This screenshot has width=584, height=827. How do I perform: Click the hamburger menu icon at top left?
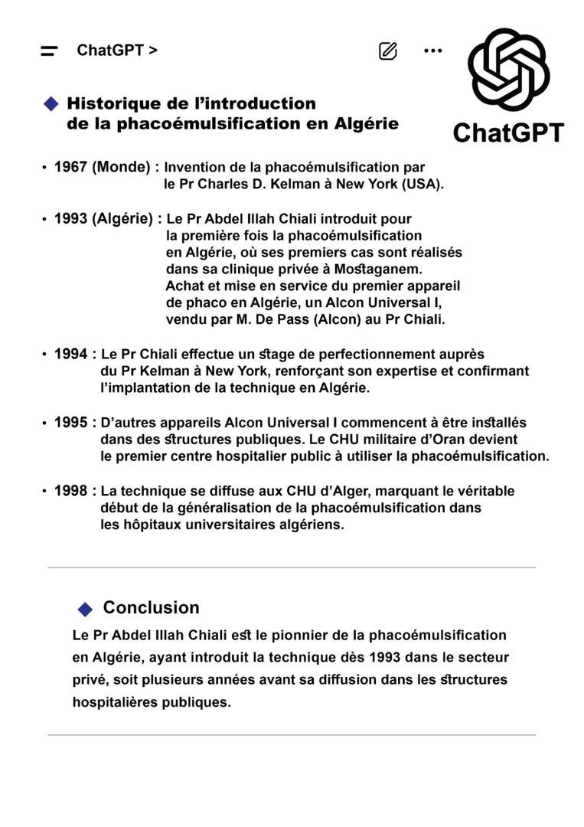[x=49, y=51]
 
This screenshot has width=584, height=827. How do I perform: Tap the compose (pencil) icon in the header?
[x=388, y=51]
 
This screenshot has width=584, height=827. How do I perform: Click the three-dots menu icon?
[x=432, y=51]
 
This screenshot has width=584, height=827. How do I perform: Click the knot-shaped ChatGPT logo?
[x=508, y=70]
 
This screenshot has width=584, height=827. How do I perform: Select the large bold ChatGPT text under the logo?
[x=508, y=132]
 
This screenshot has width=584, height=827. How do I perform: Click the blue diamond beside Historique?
[x=51, y=103]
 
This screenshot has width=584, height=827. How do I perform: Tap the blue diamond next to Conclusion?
[x=85, y=609]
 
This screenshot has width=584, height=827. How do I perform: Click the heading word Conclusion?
[x=151, y=608]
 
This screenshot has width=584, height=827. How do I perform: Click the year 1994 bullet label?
[x=70, y=355]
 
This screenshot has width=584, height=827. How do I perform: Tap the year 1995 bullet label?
[x=70, y=423]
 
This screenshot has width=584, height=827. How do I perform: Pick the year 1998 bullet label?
[x=70, y=491]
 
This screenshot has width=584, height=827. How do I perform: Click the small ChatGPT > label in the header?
[x=117, y=51]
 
